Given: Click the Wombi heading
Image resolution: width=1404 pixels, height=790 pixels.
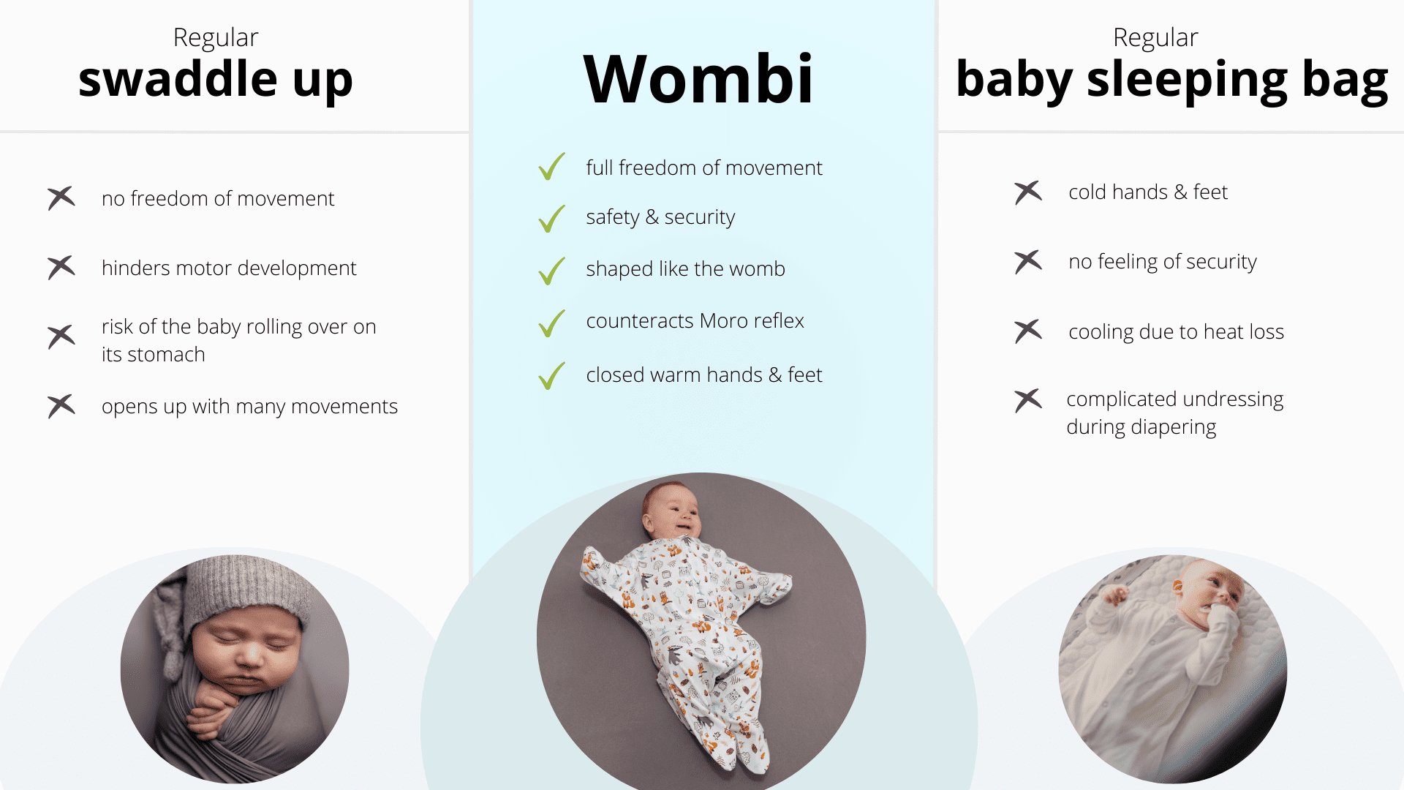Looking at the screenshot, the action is click(698, 78).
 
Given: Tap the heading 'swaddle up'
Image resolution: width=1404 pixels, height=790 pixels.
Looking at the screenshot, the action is click(216, 80).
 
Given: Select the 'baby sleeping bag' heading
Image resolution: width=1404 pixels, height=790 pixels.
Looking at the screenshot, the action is click(1171, 80).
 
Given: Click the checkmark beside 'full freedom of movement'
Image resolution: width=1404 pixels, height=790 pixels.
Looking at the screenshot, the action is click(551, 166).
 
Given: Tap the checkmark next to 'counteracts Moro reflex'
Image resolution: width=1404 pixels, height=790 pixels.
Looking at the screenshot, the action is click(551, 323).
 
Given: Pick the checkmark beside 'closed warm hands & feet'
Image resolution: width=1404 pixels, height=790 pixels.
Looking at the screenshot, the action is click(551, 376).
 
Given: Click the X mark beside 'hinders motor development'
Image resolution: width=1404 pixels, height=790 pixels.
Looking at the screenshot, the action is click(61, 267).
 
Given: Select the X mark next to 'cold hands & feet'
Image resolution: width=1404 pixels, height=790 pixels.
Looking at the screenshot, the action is click(1028, 192).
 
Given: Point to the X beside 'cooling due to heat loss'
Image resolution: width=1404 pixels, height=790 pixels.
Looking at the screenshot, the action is click(1028, 331).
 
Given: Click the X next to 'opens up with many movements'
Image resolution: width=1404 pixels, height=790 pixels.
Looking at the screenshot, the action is click(61, 406).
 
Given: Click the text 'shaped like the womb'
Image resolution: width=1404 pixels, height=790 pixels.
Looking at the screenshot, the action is click(685, 268).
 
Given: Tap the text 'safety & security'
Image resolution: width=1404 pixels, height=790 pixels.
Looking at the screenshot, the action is click(660, 217).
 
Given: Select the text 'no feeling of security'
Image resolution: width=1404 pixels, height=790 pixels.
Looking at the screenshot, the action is click(1163, 262).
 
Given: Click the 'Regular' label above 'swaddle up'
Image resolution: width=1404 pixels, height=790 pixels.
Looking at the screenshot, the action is click(216, 37).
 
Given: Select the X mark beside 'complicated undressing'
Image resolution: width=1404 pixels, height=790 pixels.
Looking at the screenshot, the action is click(1028, 400).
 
